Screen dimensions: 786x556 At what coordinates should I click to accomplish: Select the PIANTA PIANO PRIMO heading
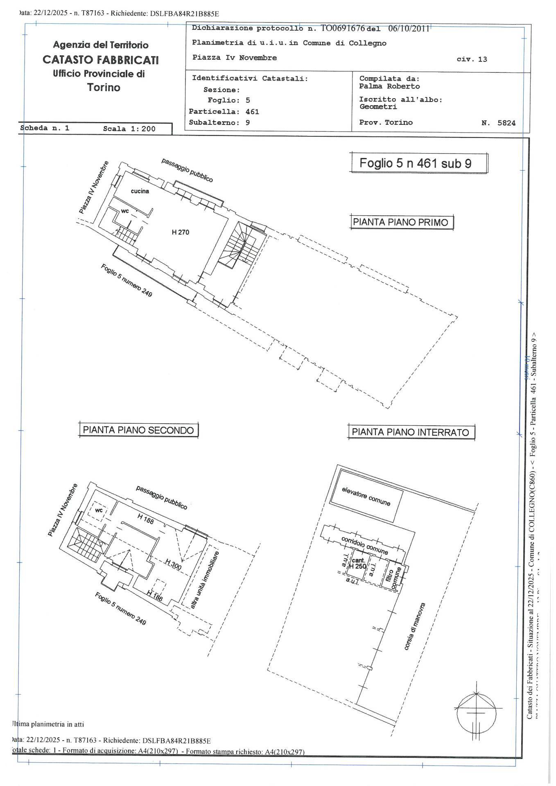coord(401,222)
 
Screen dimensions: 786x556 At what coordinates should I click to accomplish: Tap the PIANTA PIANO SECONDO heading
coord(138,430)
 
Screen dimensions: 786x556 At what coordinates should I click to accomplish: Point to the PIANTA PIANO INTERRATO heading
coord(411,432)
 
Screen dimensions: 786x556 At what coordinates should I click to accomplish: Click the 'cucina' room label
coord(140,191)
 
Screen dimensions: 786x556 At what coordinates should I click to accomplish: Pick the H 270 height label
coord(181,232)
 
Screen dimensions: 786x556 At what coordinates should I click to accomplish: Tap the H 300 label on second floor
coord(174,564)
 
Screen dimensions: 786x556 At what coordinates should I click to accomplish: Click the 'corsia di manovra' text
coord(415,626)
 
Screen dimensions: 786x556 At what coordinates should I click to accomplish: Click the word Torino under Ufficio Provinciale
coord(104,87)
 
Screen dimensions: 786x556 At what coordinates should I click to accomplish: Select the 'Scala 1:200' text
coord(129,129)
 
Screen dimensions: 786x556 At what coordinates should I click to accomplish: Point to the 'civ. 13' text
coord(472,59)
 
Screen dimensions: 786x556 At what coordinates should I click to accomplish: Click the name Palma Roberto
coord(389,86)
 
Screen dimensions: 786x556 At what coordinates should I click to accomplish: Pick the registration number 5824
coord(506,122)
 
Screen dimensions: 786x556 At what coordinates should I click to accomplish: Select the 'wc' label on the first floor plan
coord(125,211)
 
